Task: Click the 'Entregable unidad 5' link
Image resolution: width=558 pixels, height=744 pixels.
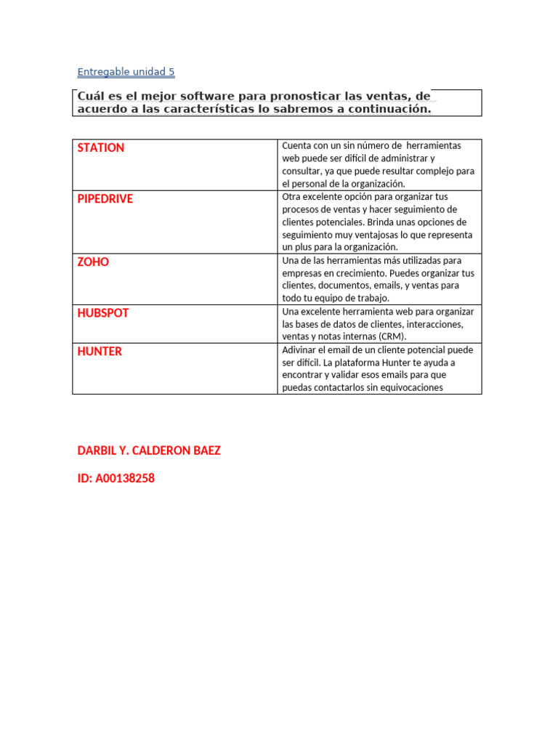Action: click(126, 72)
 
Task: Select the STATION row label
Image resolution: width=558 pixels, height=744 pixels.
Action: click(101, 147)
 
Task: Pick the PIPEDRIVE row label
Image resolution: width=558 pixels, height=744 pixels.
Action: click(105, 198)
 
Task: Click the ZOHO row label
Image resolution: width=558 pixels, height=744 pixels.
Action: click(93, 262)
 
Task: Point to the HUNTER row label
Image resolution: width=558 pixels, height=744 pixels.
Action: click(100, 351)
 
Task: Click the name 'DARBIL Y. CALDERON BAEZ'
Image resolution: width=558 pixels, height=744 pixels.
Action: click(149, 450)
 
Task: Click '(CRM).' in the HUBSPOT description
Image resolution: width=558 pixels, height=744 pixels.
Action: click(389, 336)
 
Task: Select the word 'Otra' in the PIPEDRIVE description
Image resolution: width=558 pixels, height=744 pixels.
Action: click(291, 196)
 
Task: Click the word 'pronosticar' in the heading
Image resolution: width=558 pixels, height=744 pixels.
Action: click(276, 97)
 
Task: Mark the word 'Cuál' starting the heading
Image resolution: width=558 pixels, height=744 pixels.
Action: click(93, 97)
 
